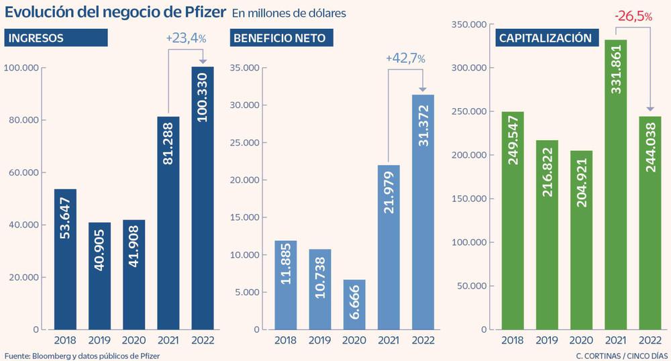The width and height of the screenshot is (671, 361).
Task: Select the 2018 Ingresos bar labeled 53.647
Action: (x=65, y=259)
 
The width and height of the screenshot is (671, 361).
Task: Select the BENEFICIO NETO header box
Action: (x=283, y=38)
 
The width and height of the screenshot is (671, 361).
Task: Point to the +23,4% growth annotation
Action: (x=186, y=40)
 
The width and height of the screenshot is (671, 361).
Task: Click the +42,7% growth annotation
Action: (x=405, y=59)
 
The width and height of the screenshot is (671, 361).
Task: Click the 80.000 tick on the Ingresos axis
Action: (x=23, y=121)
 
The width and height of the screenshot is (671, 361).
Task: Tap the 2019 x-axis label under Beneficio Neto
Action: (x=319, y=340)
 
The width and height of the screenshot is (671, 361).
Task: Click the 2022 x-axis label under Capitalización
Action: (x=650, y=340)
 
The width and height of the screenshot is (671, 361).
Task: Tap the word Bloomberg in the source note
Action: (x=50, y=355)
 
